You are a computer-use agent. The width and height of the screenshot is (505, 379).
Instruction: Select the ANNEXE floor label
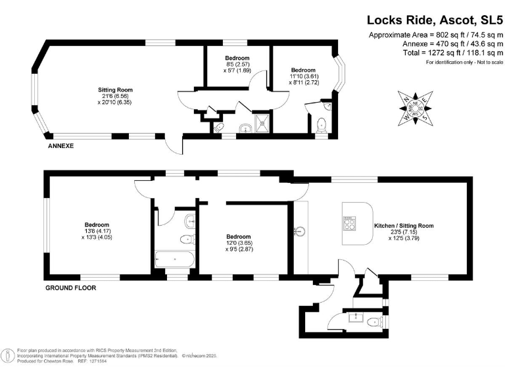[x=60, y=145]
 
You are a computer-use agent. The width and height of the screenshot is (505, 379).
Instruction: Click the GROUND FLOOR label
[x=70, y=288]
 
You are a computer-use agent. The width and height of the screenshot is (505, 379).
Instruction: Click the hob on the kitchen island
[x=349, y=224]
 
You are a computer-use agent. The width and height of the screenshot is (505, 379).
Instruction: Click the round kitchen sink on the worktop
[x=301, y=231]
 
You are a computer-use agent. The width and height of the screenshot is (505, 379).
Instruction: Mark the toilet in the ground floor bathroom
[x=186, y=239]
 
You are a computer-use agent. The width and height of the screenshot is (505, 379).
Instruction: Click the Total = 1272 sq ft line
[x=436, y=52]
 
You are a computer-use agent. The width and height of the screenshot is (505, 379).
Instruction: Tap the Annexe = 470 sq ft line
[x=436, y=43]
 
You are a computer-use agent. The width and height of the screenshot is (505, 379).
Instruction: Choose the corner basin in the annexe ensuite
[x=327, y=104]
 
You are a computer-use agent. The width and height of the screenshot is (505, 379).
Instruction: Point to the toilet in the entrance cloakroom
[x=374, y=322]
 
